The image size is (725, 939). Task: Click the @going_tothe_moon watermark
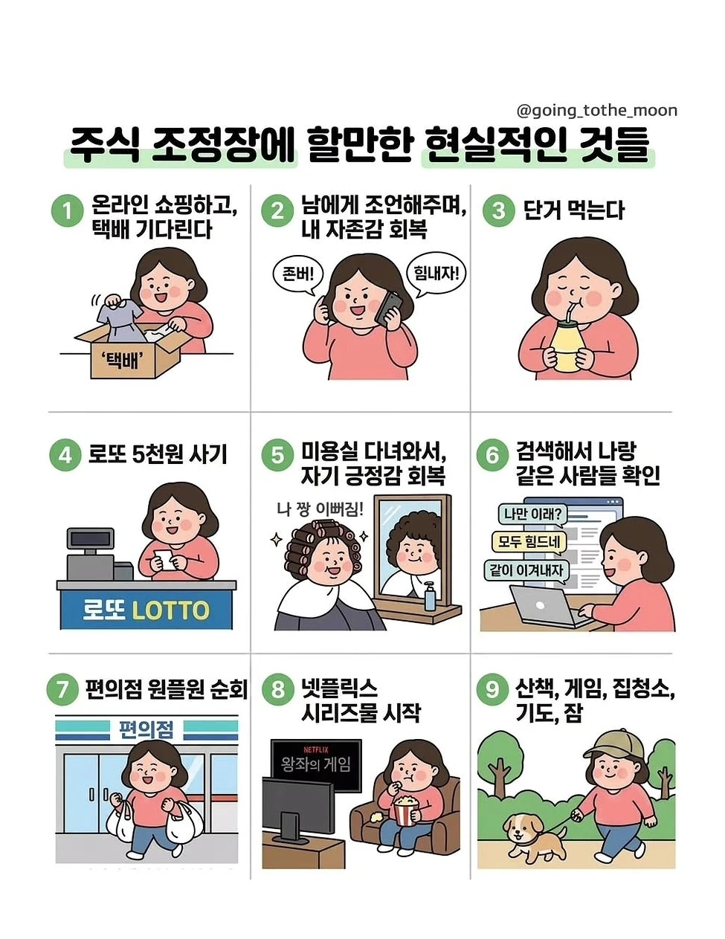pyautogui.click(x=596, y=111)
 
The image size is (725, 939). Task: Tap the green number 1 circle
pyautogui.click(x=68, y=211)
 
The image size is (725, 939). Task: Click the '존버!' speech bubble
pyautogui.click(x=298, y=275)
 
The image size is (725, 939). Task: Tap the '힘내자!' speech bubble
pyautogui.click(x=436, y=274)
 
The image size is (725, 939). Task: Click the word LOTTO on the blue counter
pyautogui.click(x=171, y=610)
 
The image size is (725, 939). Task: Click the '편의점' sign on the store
pyautogui.click(x=146, y=729)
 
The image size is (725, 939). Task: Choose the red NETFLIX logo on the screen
pyautogui.click(x=316, y=749)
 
